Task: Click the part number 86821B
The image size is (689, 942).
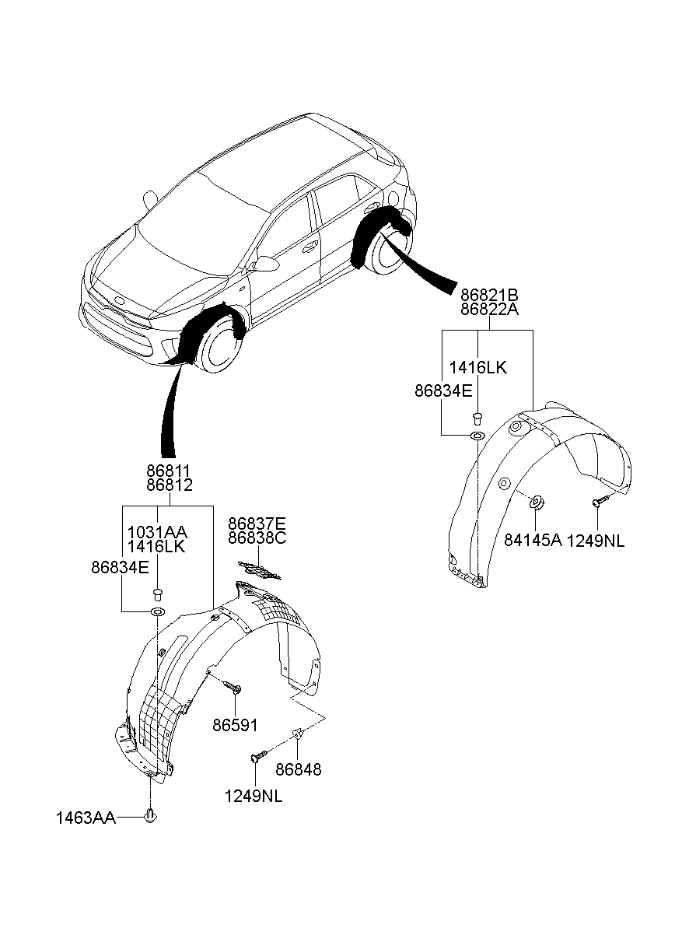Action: pyautogui.click(x=489, y=296)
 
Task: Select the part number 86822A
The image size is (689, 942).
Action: pyautogui.click(x=489, y=310)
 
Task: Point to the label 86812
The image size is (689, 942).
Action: pyautogui.click(x=170, y=485)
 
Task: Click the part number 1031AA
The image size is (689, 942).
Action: pyautogui.click(x=157, y=532)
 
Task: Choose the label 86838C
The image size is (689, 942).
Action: pyautogui.click(x=257, y=538)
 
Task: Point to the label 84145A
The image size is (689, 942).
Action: pyautogui.click(x=533, y=541)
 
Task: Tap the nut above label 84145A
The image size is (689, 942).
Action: pyautogui.click(x=537, y=503)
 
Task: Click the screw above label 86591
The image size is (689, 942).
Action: pyautogui.click(x=233, y=687)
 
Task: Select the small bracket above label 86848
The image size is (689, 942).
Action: pyautogui.click(x=299, y=733)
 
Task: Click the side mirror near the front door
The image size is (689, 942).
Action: pyautogui.click(x=266, y=264)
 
